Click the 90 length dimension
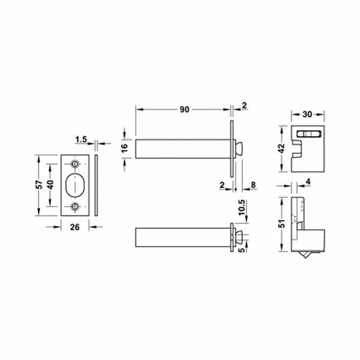(x=184, y=109)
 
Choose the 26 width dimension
(x=74, y=226)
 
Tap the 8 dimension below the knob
(x=254, y=186)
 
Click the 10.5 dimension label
(x=242, y=206)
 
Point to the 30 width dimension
(x=307, y=114)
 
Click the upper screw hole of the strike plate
(x=75, y=164)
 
